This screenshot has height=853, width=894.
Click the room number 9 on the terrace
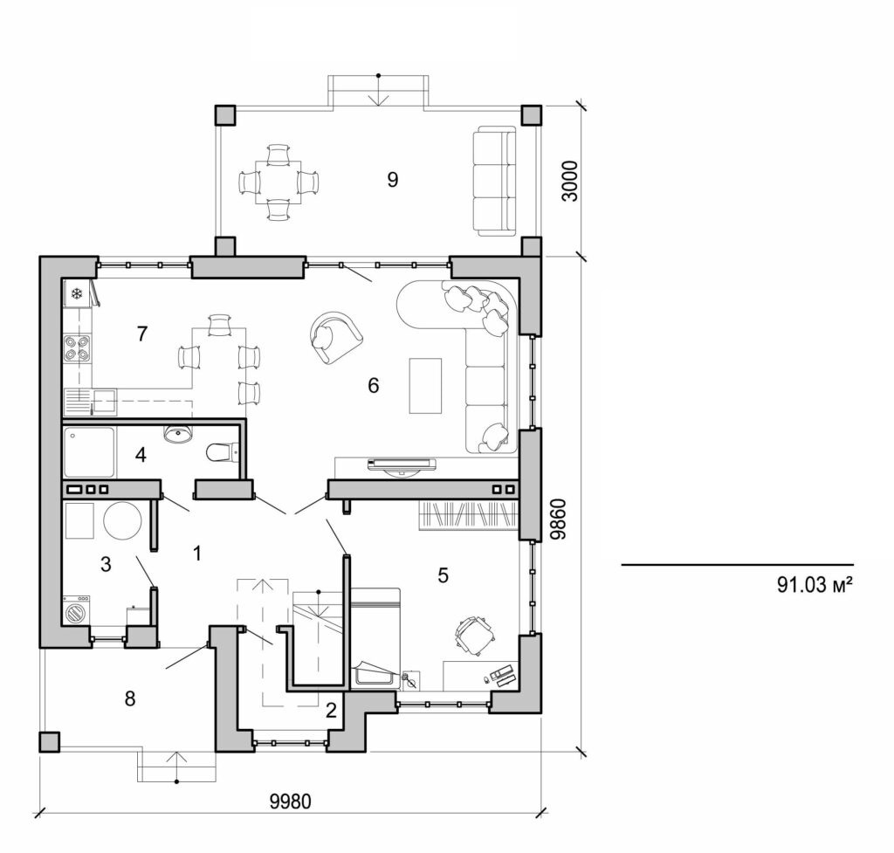point(392,180)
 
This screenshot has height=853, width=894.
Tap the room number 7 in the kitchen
point(142,333)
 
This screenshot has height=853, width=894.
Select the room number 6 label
point(373,385)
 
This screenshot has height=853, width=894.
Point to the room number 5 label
point(443,575)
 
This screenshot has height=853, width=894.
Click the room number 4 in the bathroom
point(141,454)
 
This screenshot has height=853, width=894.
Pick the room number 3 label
point(106,565)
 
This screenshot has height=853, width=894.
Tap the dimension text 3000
point(569,181)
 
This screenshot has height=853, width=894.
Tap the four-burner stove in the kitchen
point(77,347)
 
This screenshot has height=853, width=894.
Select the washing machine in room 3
point(78,609)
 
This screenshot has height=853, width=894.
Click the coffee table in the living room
point(425,385)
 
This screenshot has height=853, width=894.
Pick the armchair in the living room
point(334,336)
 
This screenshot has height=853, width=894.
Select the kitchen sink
point(87,402)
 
